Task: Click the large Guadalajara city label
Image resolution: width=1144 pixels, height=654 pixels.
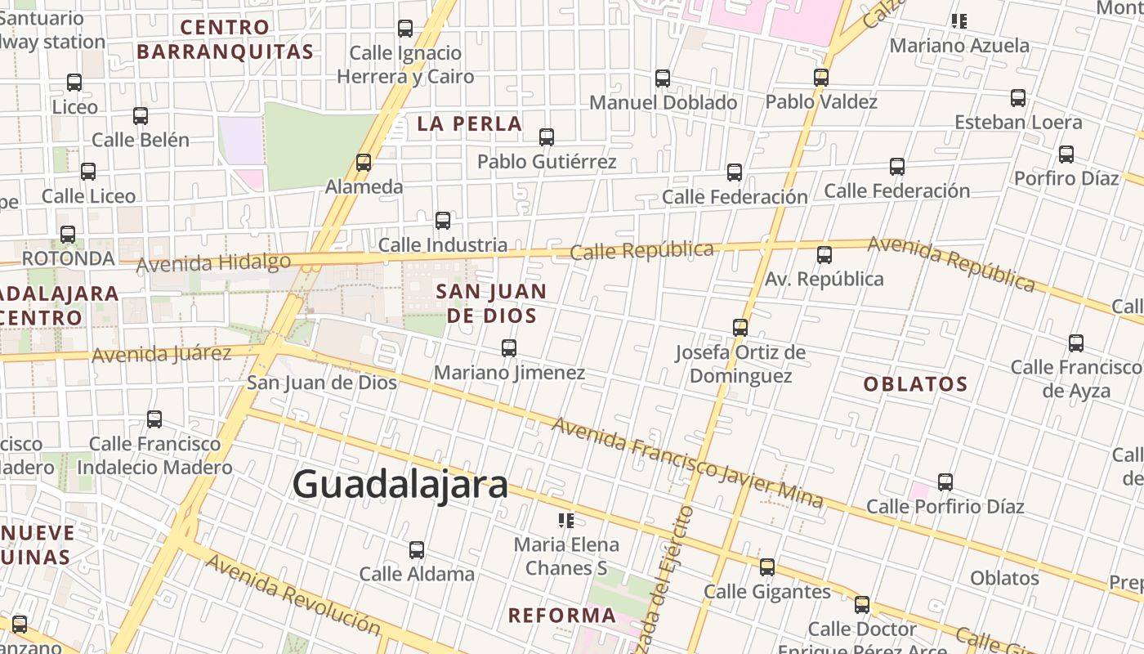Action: click(x=400, y=484)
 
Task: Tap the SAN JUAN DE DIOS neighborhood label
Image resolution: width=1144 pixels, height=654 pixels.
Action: click(x=490, y=303)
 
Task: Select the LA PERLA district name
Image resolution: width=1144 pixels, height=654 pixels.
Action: click(x=469, y=123)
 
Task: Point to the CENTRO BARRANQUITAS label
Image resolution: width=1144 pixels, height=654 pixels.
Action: click(x=225, y=39)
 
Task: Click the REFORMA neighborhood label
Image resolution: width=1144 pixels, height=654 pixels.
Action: click(x=562, y=615)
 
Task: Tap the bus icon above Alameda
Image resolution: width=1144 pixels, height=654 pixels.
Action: click(x=364, y=163)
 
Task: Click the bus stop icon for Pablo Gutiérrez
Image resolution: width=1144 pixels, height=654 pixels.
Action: click(x=547, y=137)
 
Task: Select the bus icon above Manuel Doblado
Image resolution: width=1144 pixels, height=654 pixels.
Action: click(x=663, y=78)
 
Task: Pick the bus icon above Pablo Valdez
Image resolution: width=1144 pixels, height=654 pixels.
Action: click(x=821, y=78)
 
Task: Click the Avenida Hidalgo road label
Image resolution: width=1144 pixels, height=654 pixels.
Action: click(x=213, y=263)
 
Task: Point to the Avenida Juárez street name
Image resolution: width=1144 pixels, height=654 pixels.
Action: click(x=162, y=355)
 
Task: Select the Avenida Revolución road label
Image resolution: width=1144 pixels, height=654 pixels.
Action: click(x=293, y=594)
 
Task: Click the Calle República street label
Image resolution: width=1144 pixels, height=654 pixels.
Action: click(x=641, y=250)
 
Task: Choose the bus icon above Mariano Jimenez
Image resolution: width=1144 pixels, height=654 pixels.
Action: click(x=509, y=348)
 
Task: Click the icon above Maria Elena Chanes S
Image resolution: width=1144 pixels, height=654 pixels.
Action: click(x=566, y=521)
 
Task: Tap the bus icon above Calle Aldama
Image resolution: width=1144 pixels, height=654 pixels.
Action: click(x=417, y=549)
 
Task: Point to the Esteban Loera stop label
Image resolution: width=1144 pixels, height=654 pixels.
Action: click(x=1018, y=122)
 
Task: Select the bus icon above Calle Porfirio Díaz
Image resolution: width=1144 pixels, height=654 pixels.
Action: click(x=945, y=482)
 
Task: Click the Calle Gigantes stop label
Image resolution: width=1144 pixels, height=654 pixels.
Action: click(x=767, y=591)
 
